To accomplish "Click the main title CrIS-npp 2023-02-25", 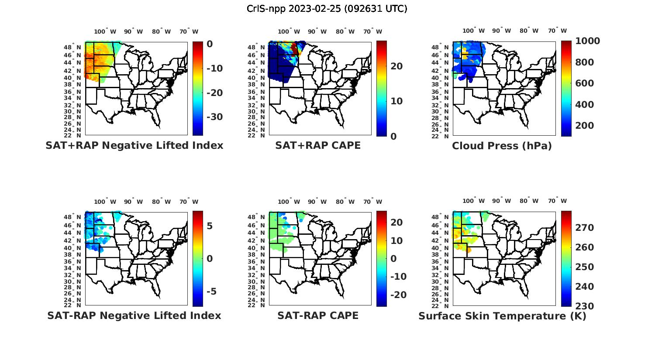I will (x=327, y=9).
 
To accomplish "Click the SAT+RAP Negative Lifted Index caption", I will (x=134, y=145).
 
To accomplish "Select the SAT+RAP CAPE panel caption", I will (x=318, y=145).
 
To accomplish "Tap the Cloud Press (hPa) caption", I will (x=502, y=146).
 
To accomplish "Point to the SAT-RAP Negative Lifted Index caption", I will (x=134, y=315).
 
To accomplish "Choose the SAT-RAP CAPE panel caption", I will (x=318, y=315).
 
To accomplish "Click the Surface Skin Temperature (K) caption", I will (x=502, y=316).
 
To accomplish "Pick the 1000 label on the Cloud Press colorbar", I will (x=587, y=41).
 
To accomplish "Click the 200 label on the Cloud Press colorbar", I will (x=584, y=126).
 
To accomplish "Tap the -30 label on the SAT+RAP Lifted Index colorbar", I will (x=214, y=117).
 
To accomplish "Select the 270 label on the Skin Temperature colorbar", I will (x=584, y=228).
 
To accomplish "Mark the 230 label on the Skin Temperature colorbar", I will (x=584, y=306).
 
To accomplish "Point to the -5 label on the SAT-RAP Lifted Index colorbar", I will (x=210, y=291).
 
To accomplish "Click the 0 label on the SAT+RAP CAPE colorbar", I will (x=393, y=136).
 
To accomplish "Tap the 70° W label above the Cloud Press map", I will (x=558, y=31).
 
